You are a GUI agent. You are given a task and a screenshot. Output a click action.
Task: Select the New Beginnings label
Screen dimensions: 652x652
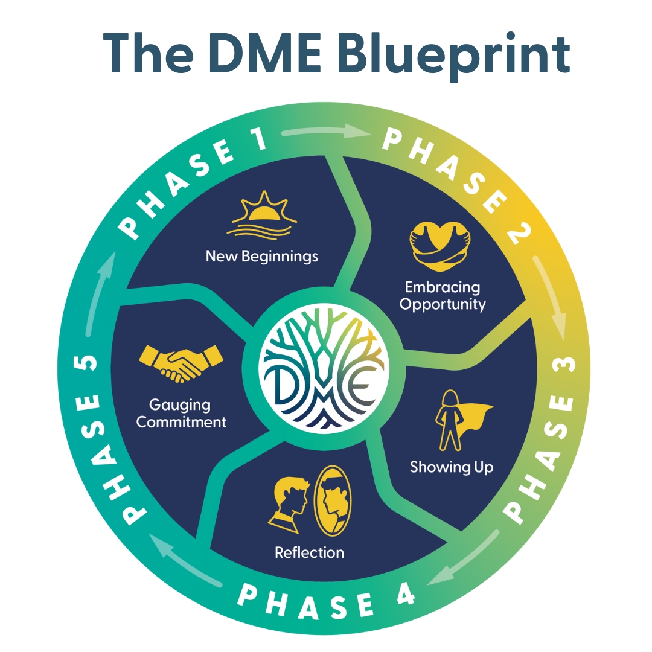(x=261, y=256)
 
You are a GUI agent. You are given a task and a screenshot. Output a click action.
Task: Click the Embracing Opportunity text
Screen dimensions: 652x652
(x=443, y=295)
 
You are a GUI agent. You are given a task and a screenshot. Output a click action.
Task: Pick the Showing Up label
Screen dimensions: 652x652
(x=452, y=467)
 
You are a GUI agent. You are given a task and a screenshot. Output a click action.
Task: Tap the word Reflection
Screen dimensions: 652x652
(x=309, y=552)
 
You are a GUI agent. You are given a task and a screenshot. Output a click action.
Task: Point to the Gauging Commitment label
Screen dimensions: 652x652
(x=181, y=413)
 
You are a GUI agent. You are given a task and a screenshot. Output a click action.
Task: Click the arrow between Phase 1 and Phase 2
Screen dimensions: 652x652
(x=326, y=132)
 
